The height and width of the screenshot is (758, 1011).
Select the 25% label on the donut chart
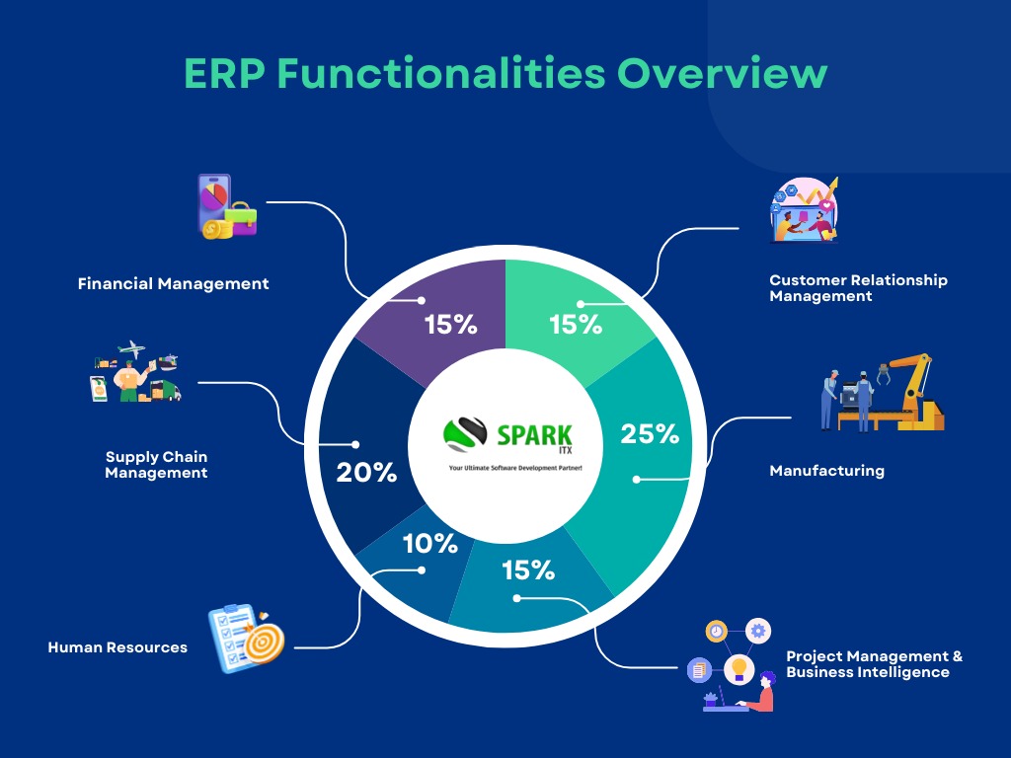(650, 434)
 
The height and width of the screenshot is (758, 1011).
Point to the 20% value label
(366, 473)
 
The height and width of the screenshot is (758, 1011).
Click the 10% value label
(429, 544)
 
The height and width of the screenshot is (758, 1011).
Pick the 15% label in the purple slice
(451, 325)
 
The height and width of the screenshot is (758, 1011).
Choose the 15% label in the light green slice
(576, 325)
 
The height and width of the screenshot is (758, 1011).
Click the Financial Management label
(173, 284)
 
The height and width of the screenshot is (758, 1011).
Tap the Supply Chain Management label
(156, 465)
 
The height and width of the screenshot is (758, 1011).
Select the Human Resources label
(117, 648)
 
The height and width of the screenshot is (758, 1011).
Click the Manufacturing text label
(826, 471)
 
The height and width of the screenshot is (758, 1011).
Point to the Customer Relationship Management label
(858, 288)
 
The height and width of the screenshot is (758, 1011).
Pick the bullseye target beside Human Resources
(263, 641)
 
